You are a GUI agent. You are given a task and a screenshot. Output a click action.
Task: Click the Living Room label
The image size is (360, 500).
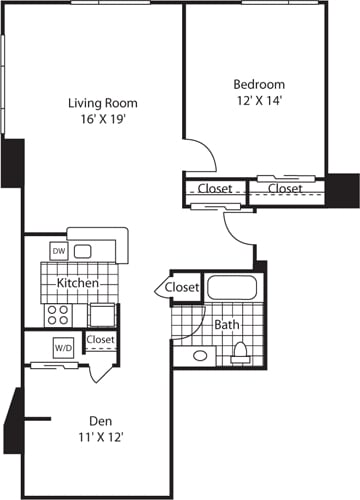click(102, 103)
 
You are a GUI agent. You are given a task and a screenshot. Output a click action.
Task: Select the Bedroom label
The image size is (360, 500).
click(259, 84)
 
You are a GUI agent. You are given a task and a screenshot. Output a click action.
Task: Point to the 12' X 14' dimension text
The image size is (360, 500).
click(259, 102)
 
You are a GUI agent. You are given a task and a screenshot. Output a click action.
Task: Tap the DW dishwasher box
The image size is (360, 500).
click(59, 252)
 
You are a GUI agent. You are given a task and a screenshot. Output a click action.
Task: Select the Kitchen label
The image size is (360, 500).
click(77, 283)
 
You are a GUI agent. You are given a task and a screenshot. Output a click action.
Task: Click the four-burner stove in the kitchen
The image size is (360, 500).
click(59, 315)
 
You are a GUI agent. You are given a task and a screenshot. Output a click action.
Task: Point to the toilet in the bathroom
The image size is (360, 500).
click(240, 351)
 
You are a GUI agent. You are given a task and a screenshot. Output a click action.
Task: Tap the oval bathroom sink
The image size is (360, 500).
click(200, 355)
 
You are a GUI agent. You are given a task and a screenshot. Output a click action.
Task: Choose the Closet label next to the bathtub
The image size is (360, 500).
click(183, 288)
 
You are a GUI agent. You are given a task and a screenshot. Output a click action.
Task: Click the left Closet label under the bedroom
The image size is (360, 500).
click(215, 188)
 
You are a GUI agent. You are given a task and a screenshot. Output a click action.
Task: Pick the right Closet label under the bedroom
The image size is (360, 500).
click(285, 188)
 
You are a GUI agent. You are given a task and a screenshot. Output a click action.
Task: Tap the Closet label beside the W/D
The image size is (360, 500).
click(100, 340)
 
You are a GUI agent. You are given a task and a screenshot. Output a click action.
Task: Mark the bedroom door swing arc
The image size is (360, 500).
click(206, 152)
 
